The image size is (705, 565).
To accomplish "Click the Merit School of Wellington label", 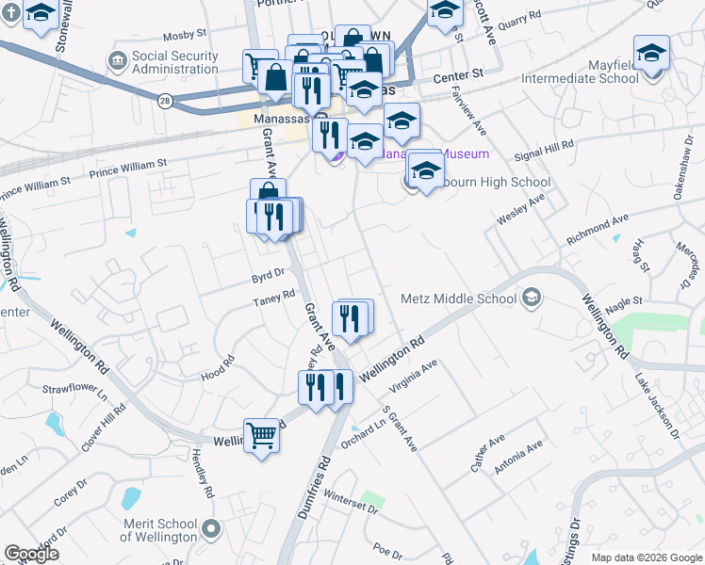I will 159,530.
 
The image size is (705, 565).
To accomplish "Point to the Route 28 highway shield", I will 164,101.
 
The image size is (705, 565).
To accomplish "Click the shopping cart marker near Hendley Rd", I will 262,435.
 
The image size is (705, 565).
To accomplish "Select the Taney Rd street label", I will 273,302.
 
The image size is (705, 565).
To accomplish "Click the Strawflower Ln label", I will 74,388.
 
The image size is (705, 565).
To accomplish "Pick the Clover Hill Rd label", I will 103,428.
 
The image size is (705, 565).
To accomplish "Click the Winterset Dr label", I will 349,501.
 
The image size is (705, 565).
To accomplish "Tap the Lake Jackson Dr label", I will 657,406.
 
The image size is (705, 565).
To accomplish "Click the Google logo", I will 31,554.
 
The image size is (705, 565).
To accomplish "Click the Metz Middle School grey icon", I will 532,298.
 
